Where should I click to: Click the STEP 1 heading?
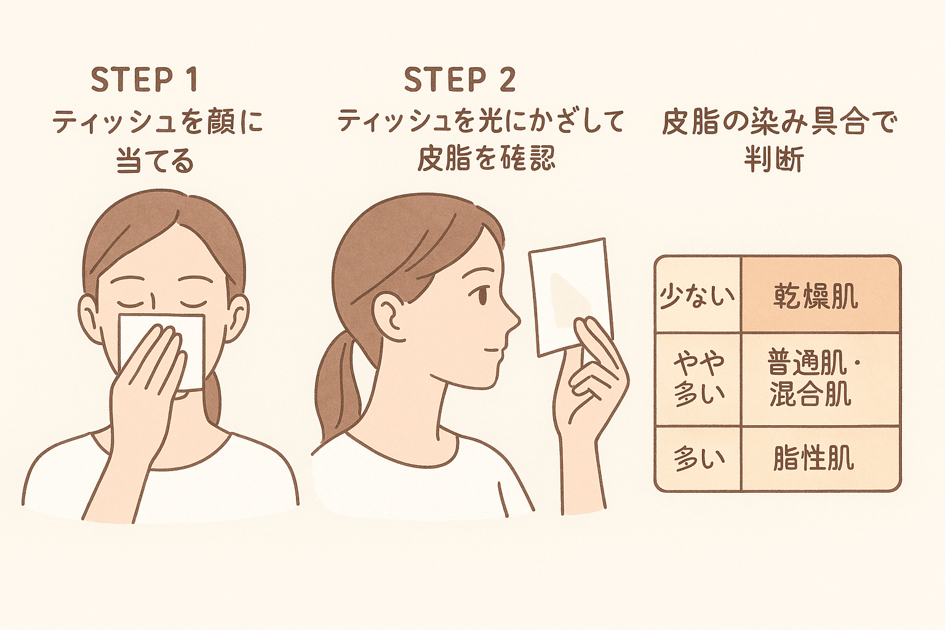pyautogui.click(x=145, y=80)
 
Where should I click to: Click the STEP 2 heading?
pyautogui.click(x=460, y=80)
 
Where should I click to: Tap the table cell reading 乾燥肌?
pyautogui.click(x=815, y=298)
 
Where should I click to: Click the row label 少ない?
pyautogui.click(x=697, y=297)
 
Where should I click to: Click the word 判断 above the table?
pyautogui.click(x=774, y=159)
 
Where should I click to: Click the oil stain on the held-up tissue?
pyautogui.click(x=570, y=300)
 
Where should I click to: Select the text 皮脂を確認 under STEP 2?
pyautogui.click(x=486, y=159)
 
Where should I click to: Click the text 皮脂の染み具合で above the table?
pyautogui.click(x=778, y=122)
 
